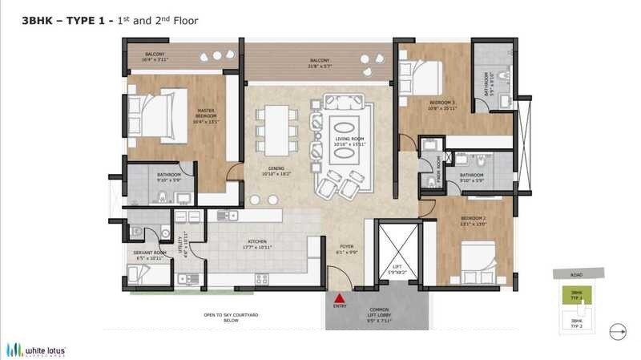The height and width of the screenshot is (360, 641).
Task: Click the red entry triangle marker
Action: pyautogui.click(x=339, y=297)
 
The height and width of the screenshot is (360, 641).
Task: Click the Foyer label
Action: pyautogui.click(x=346, y=249)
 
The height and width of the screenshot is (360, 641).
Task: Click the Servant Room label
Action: pyautogui.click(x=149, y=256)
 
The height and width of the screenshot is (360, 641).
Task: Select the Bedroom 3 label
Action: pyautogui.click(x=441, y=105)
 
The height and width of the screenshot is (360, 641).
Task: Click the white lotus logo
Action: pyautogui.click(x=36, y=349)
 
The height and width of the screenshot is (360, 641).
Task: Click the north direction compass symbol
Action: pyautogui.click(x=618, y=329)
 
